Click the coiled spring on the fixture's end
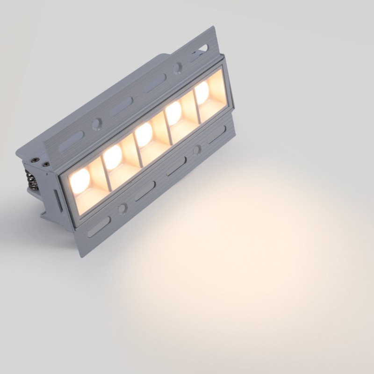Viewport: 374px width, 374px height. click(32, 180)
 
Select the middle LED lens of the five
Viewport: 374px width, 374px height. click(144, 134)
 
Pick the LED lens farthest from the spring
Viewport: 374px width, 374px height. click(202, 93)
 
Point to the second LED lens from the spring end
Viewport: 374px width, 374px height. click(112, 157)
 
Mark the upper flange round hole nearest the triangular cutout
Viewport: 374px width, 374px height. click(178, 68)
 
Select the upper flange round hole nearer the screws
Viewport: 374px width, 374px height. click(96, 124)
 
